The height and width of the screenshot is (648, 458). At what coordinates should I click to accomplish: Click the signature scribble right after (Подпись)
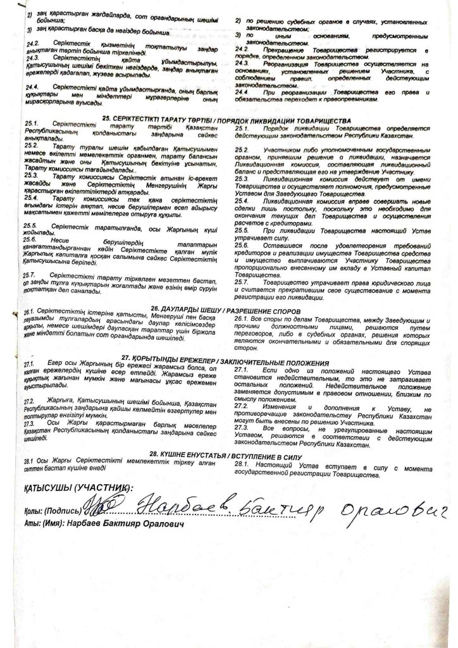point(101,508)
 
